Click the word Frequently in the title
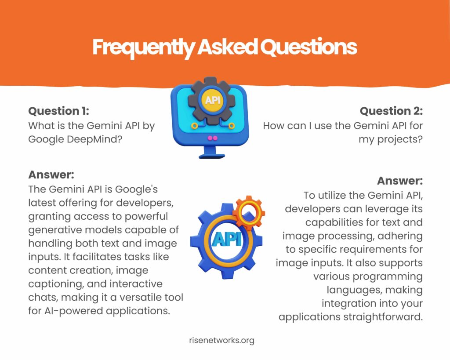[x=144, y=47]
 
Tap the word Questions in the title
[x=309, y=47]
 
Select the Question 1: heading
[x=58, y=111]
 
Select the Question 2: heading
[x=391, y=111]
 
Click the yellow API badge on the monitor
[x=213, y=100]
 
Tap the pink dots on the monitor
[x=213, y=138]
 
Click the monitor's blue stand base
[x=212, y=156]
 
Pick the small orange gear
[x=249, y=212]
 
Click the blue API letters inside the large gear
[x=226, y=239]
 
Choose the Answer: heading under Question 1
[x=51, y=175]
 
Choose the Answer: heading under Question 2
[x=400, y=181]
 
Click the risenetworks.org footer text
[x=221, y=341]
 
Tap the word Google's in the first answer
[x=136, y=189]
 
